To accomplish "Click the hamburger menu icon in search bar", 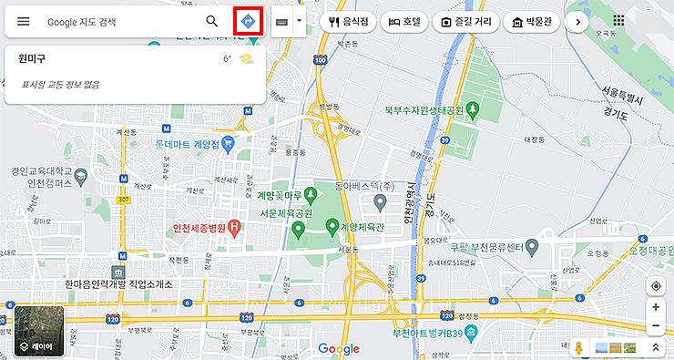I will pyautogui.click(x=24, y=21).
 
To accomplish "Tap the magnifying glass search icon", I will pyautogui.click(x=211, y=21).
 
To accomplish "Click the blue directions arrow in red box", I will pyautogui.click(x=248, y=21).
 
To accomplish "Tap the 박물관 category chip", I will pyautogui.click(x=531, y=21).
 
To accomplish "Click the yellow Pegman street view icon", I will pyautogui.click(x=577, y=347).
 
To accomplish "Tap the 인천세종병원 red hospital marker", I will pyautogui.click(x=233, y=227).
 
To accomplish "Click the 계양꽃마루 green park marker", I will pyautogui.click(x=310, y=193).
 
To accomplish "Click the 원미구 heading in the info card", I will pyautogui.click(x=32, y=59).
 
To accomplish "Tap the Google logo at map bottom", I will pyautogui.click(x=339, y=349).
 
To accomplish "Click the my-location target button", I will pyautogui.click(x=656, y=286).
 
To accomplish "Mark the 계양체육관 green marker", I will pyautogui.click(x=332, y=225).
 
